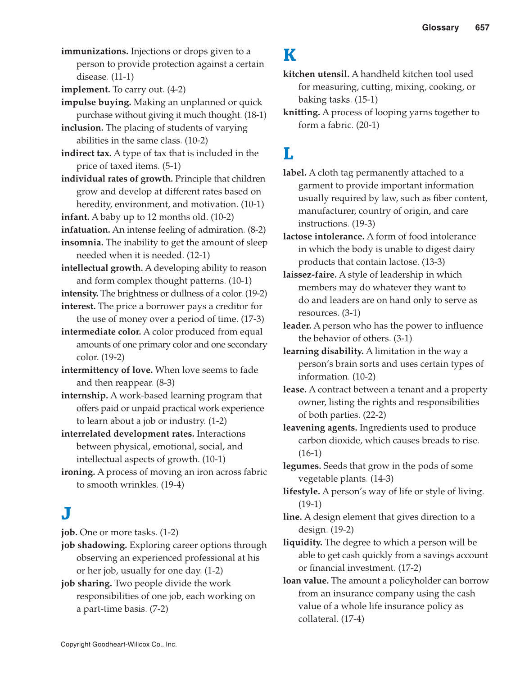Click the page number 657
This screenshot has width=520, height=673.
click(482, 27)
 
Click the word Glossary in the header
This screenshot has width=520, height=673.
click(440, 27)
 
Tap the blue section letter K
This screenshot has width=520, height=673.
click(289, 55)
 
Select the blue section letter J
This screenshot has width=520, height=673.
click(66, 513)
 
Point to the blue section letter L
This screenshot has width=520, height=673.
click(288, 154)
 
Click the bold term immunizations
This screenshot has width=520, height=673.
click(95, 51)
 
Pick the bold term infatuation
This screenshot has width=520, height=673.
click(86, 230)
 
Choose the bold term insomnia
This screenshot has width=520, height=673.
click(82, 242)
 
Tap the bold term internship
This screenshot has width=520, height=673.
click(85, 395)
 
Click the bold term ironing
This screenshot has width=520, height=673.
click(78, 472)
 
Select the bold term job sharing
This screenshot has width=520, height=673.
click(86, 583)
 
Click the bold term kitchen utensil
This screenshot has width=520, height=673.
click(316, 74)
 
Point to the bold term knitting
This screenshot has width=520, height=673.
click(301, 113)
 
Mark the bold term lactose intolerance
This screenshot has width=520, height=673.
click(324, 236)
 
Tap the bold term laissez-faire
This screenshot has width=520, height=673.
click(310, 275)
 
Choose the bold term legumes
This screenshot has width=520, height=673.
click(302, 466)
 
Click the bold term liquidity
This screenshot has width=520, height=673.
click(303, 542)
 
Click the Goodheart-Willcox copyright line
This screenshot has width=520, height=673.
click(119, 644)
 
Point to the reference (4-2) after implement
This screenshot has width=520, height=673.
click(176, 90)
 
